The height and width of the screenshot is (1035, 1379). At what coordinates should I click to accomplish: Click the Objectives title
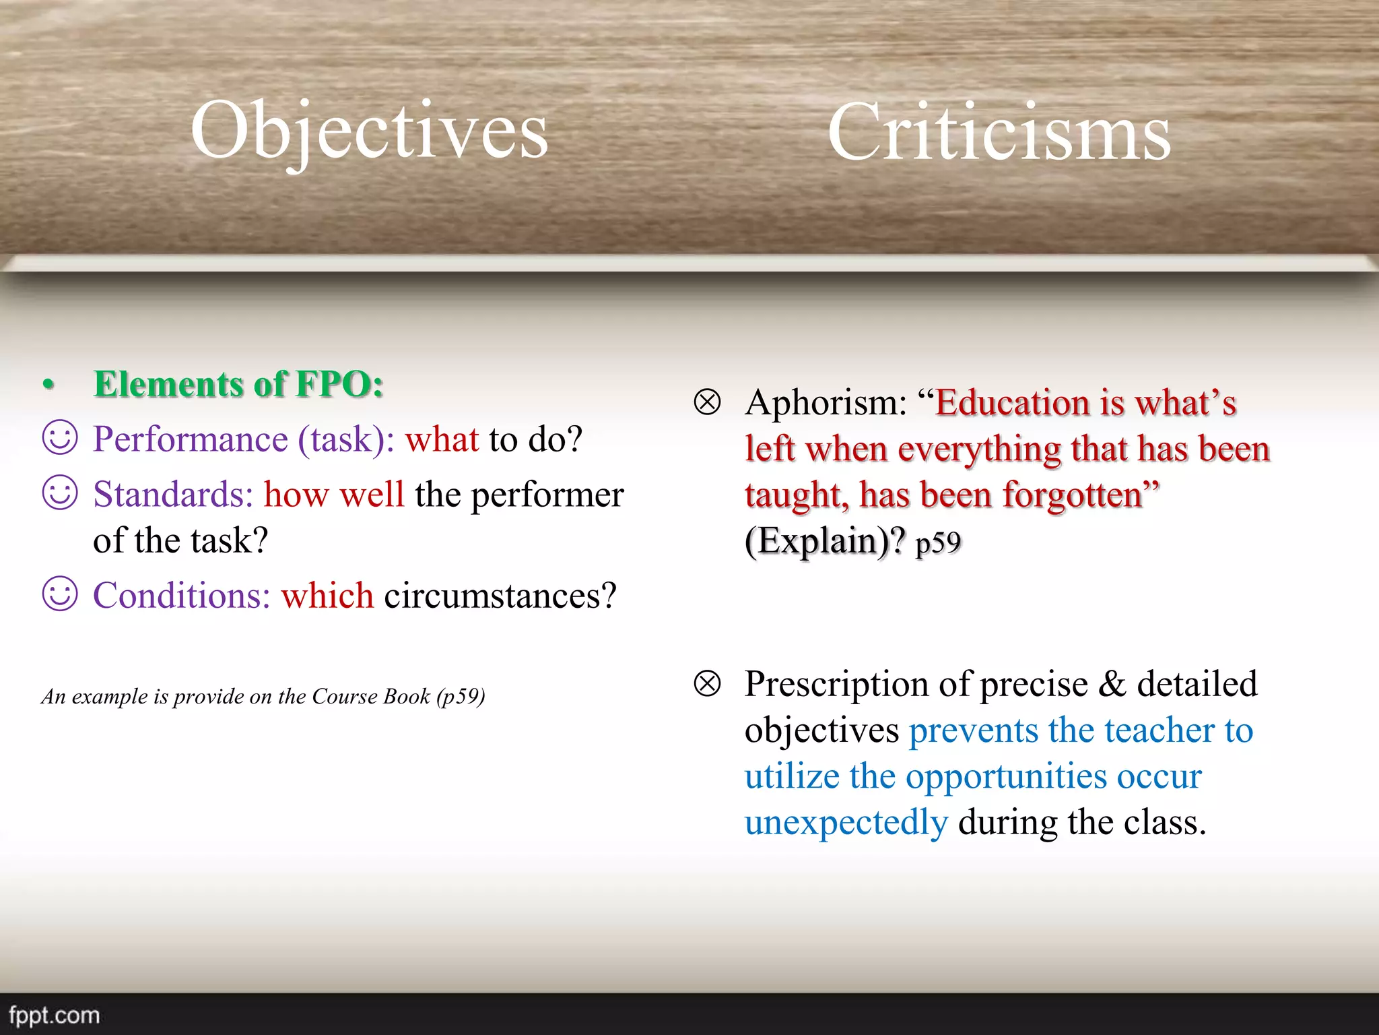[369, 131]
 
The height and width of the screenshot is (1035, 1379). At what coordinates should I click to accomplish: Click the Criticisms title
[999, 133]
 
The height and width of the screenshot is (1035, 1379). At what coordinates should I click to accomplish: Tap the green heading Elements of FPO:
[238, 385]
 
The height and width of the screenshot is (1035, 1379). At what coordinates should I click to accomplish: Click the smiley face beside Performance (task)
[60, 438]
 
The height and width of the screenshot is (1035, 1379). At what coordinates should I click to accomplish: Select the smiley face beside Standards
[60, 493]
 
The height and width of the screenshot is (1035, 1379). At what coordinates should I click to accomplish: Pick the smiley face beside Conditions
[60, 594]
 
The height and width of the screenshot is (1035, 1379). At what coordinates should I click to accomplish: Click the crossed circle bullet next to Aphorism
[707, 402]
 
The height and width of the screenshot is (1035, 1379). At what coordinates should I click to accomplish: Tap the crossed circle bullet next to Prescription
[707, 684]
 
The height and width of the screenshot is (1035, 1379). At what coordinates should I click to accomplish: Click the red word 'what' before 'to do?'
[442, 439]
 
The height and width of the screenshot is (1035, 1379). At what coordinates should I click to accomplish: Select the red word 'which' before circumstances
[327, 596]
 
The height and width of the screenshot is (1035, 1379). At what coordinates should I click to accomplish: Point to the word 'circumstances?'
[500, 596]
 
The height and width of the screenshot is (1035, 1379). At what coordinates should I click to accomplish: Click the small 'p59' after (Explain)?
[938, 543]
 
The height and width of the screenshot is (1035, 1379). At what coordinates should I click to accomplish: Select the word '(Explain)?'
[825, 541]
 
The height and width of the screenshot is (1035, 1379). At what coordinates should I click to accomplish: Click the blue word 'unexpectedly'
[846, 823]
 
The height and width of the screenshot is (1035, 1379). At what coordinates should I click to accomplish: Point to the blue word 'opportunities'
[1006, 776]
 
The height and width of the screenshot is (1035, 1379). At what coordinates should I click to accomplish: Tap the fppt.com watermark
[54, 1015]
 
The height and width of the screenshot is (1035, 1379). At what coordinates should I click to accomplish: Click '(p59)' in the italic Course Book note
[461, 696]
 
